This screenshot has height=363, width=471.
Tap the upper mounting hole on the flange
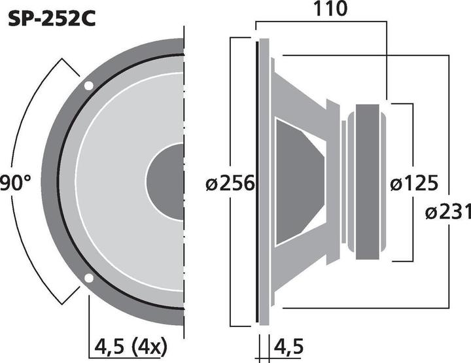click(88, 85)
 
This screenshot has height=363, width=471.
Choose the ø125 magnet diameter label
click(413, 184)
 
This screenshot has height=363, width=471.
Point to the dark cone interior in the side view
click(298, 181)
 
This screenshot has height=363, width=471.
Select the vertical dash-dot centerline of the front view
click(185, 98)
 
